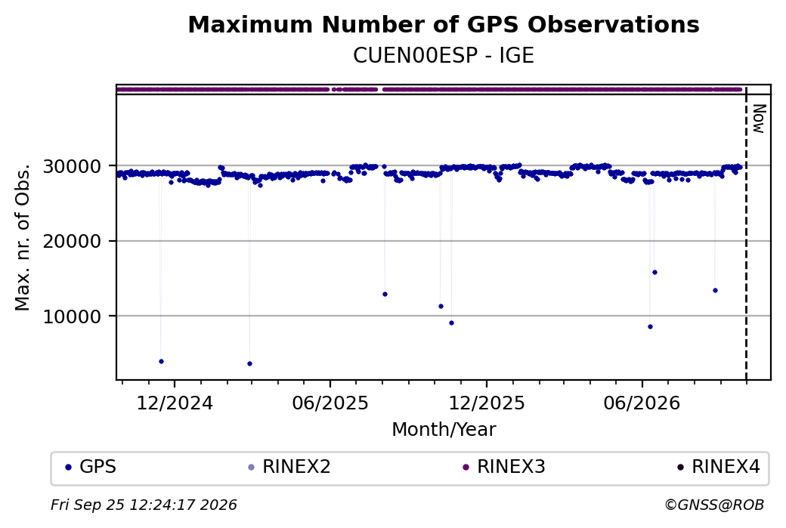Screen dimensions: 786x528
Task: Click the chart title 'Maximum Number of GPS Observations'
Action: pyautogui.click(x=444, y=24)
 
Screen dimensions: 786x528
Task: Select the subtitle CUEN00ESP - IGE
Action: pyautogui.click(x=444, y=56)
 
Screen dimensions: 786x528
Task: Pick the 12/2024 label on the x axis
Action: pyautogui.click(x=175, y=403)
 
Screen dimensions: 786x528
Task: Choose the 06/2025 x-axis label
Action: pyautogui.click(x=330, y=403)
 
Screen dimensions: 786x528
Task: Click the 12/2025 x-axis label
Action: pyautogui.click(x=487, y=403)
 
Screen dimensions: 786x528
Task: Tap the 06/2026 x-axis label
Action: pyautogui.click(x=642, y=403)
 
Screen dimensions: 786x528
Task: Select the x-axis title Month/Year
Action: pyautogui.click(x=444, y=429)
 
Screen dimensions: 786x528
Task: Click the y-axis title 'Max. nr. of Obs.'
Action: pyautogui.click(x=23, y=237)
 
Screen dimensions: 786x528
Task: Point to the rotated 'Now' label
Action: pyautogui.click(x=760, y=119)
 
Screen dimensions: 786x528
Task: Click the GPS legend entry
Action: pyautogui.click(x=91, y=467)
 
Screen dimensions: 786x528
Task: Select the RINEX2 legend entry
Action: pyautogui.click(x=289, y=467)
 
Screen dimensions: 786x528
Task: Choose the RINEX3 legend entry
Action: pyautogui.click(x=504, y=467)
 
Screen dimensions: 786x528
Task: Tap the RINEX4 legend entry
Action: pyautogui.click(x=719, y=467)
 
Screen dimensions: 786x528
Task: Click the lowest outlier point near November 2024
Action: pyautogui.click(x=161, y=361)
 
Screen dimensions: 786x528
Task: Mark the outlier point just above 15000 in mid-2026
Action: pyautogui.click(x=654, y=273)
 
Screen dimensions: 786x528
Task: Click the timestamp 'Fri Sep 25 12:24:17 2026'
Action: pyautogui.click(x=144, y=505)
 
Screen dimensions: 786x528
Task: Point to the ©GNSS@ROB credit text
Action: pyautogui.click(x=714, y=505)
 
